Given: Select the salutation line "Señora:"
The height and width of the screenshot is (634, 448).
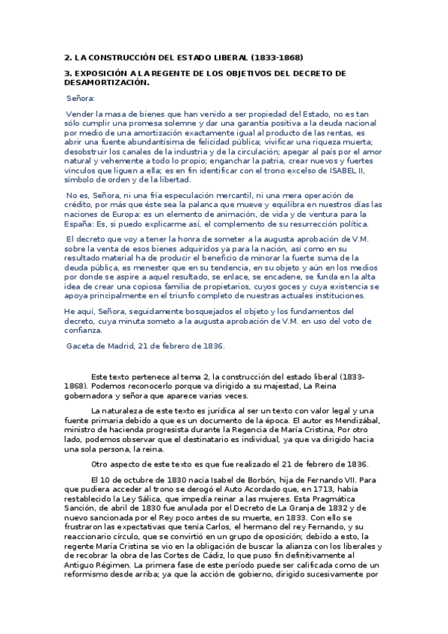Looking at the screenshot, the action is pos(81,98).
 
